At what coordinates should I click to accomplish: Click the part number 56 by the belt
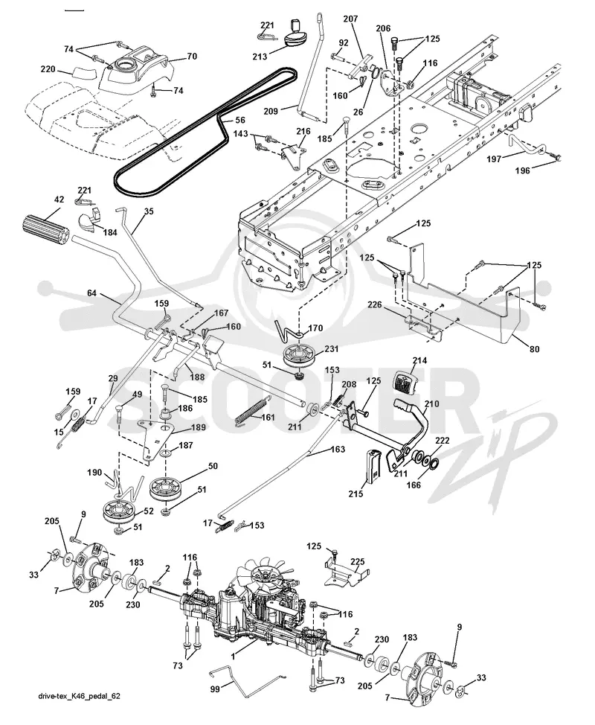click(x=239, y=121)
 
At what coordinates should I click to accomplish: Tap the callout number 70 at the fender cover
click(x=192, y=57)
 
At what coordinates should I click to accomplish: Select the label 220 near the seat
click(x=48, y=69)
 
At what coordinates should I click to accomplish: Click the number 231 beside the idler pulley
click(x=331, y=349)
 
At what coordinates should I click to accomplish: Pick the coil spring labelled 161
click(x=251, y=411)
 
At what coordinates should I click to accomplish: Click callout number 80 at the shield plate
click(x=534, y=349)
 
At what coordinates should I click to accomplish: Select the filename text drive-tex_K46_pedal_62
click(x=80, y=695)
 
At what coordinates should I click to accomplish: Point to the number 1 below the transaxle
click(x=233, y=656)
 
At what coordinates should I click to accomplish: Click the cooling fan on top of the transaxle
click(x=266, y=577)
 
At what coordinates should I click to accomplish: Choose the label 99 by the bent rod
click(x=215, y=689)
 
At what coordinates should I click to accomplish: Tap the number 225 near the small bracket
click(x=357, y=562)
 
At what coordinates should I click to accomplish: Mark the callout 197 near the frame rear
click(x=494, y=159)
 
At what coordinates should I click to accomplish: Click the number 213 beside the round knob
click(x=260, y=57)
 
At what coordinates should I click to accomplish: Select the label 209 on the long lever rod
click(x=271, y=111)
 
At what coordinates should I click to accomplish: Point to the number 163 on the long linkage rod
click(x=338, y=449)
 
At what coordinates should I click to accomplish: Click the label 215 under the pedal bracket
click(x=356, y=494)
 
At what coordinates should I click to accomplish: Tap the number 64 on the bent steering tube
click(x=92, y=293)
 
